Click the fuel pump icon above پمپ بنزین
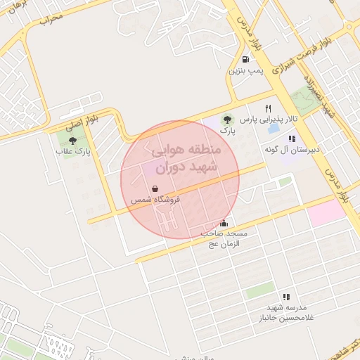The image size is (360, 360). coord(244,60)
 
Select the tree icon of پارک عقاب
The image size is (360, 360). coord(73,141)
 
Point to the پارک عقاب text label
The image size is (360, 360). coord(74,151)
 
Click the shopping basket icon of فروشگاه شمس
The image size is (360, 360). coord(155,188)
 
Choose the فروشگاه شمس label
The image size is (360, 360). coord(155,200)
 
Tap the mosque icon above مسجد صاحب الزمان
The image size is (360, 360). coord(224,223)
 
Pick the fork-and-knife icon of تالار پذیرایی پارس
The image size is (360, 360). coord(268,108)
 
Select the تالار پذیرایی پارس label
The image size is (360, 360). coord(267,120)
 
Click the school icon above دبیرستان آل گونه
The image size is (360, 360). coord(292,139)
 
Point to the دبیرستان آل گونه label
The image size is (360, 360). coord(292,150)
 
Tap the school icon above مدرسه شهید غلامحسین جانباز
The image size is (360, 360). coord(285,297)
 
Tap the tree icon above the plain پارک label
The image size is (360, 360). coord(226,120)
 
